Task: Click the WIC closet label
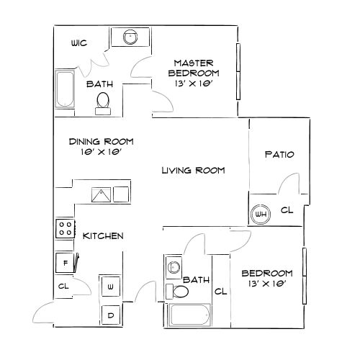coord(79,43)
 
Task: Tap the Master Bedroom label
coord(194,68)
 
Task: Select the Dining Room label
coord(101,142)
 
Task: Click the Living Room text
coord(193,171)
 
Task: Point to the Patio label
coord(279,154)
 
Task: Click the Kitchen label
coord(103,236)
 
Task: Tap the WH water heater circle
coord(261,214)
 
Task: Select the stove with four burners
coord(66,229)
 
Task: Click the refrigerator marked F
coord(65,263)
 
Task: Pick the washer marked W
coord(111,287)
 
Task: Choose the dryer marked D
coord(111,315)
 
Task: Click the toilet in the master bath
coord(103,104)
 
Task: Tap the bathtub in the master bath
coord(65,89)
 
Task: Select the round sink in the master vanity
coord(130,37)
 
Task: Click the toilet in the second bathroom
coord(177,292)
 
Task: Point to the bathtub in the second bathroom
coord(190,315)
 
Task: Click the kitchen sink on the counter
coord(102,194)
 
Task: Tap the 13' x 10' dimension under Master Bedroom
coord(194,84)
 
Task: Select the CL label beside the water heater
coord(287,210)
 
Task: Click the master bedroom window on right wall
coord(238,71)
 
